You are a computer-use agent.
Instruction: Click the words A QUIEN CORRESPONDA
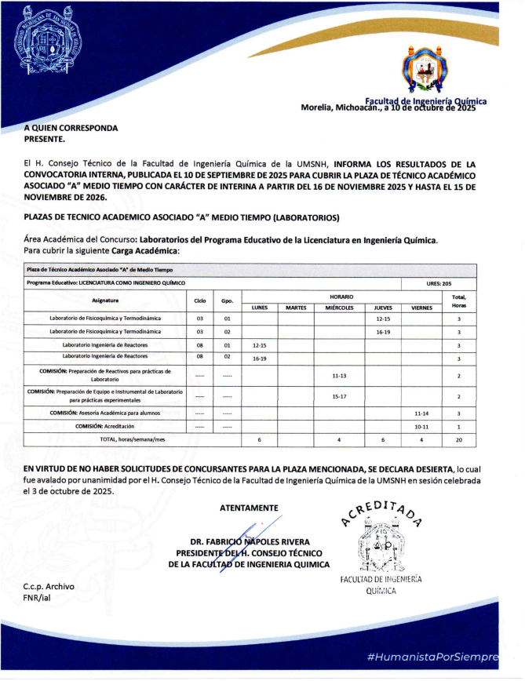coord(71,127)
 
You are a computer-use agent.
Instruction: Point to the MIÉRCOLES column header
coord(340,308)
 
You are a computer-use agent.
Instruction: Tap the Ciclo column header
coord(200,300)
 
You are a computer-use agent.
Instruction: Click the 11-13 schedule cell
coord(340,376)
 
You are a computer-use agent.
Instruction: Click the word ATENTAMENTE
coord(249,508)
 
